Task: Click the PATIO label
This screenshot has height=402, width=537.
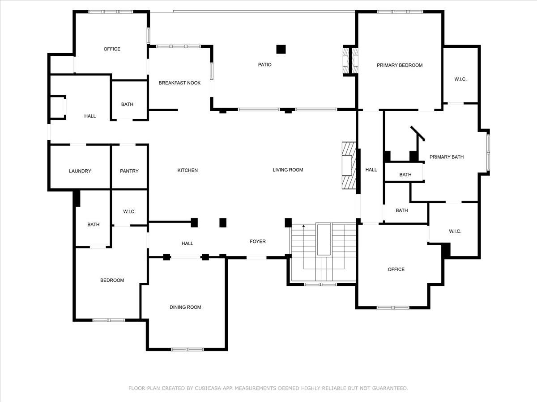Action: point(264,65)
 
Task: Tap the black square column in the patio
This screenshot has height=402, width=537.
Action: point(281,49)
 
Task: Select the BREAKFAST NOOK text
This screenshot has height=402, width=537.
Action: point(179,83)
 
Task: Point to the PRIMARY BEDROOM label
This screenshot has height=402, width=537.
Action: point(399,65)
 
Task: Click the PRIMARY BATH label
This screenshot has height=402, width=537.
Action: point(446,157)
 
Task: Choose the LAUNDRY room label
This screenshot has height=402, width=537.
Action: point(80,171)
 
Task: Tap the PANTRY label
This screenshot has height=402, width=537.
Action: point(129,171)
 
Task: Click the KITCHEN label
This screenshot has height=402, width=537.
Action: point(188,170)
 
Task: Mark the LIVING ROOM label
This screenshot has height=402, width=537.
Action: point(288,170)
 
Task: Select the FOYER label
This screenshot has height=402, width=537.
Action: point(257,242)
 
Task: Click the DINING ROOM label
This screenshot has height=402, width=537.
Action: point(185,307)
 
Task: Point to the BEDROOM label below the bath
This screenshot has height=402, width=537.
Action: point(112,281)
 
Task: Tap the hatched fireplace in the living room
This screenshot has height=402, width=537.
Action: point(349,166)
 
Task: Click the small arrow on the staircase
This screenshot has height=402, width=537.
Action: point(303,226)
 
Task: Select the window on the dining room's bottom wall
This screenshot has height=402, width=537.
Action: point(187,349)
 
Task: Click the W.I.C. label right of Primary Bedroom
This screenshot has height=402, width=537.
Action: point(460,80)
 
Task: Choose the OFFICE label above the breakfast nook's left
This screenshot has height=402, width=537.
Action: point(112,49)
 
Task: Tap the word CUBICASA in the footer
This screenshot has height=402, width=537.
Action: point(204,389)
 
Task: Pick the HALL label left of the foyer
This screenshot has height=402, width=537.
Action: point(187,243)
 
